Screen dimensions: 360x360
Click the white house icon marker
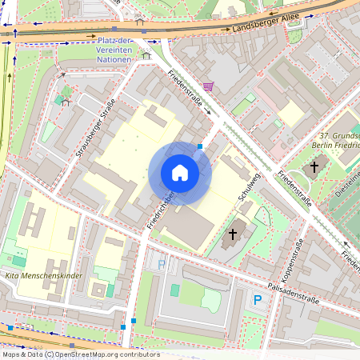[x=180, y=173]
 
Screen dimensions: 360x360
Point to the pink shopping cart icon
[x=208, y=86]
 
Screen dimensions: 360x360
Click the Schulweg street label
[x=250, y=184]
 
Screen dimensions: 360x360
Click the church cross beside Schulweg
[x=233, y=234]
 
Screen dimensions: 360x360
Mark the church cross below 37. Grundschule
[x=314, y=168]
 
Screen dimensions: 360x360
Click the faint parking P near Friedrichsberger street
[x=162, y=263]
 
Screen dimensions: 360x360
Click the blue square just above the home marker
[x=199, y=146]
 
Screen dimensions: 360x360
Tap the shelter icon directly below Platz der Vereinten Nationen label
[x=146, y=55]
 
